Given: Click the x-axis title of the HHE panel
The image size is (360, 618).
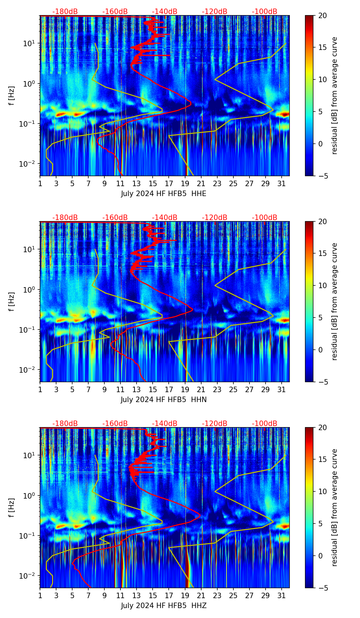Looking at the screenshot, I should pyautogui.click(x=164, y=194).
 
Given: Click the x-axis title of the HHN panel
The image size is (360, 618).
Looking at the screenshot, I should pyautogui.click(x=164, y=400).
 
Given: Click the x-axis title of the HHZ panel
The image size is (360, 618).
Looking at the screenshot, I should pyautogui.click(x=164, y=606).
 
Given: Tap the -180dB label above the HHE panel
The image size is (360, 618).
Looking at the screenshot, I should pyautogui.click(x=65, y=12).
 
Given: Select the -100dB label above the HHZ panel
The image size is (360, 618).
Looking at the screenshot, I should pyautogui.click(x=265, y=424).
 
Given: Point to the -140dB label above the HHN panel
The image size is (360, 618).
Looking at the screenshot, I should pyautogui.click(x=165, y=218).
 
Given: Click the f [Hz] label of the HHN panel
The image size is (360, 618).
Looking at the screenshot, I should pyautogui.click(x=12, y=301).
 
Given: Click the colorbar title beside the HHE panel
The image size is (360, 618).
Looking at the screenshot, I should pyautogui.click(x=334, y=95).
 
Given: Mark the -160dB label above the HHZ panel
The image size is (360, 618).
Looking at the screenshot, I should pyautogui.click(x=115, y=424).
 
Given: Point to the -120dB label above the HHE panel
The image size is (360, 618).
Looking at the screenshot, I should pyautogui.click(x=215, y=12).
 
